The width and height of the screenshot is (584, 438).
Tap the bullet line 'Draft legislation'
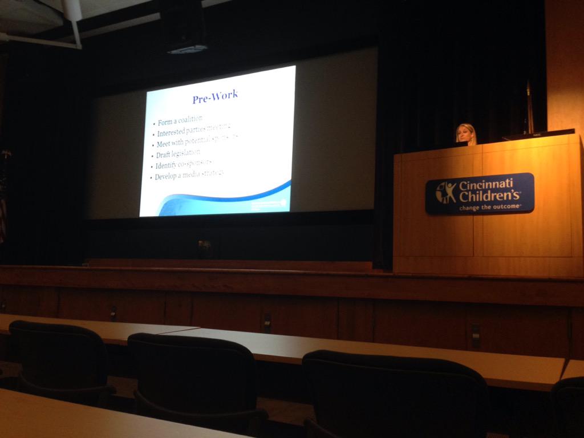tap(178, 154)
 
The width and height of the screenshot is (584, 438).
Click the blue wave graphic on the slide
tap(228, 197)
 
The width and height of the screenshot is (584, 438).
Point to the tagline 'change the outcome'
tap(490, 208)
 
